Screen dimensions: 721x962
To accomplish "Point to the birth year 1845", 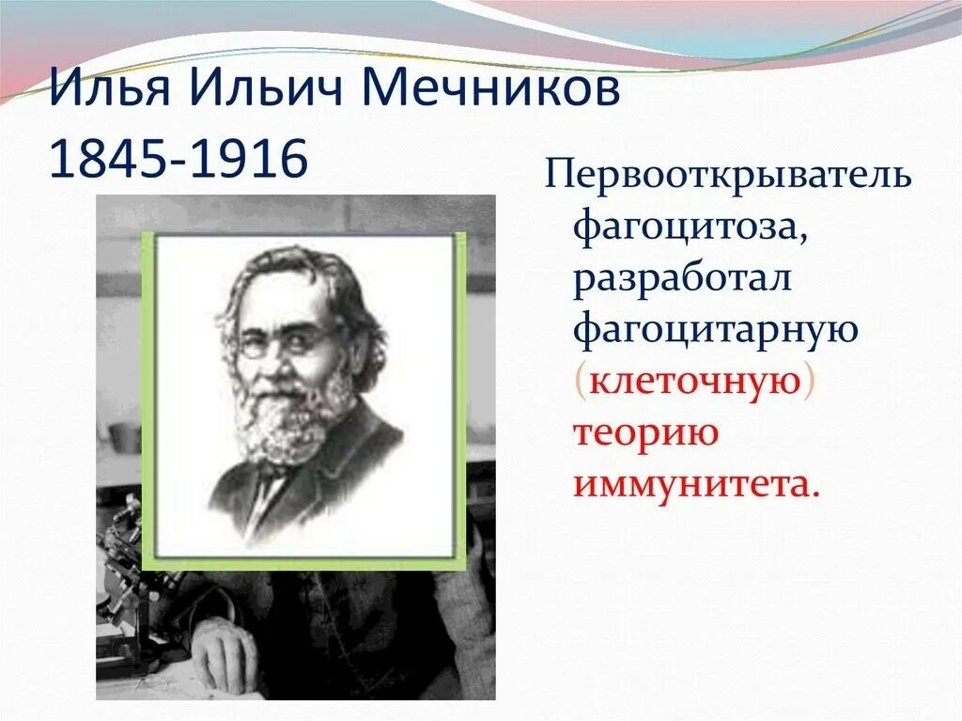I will [x=103, y=160].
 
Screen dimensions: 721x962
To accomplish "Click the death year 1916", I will [x=252, y=160].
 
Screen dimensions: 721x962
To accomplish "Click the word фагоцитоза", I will [x=683, y=228].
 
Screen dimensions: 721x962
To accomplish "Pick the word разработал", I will [x=683, y=280].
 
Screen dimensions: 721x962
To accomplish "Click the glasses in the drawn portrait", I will [x=282, y=341].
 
